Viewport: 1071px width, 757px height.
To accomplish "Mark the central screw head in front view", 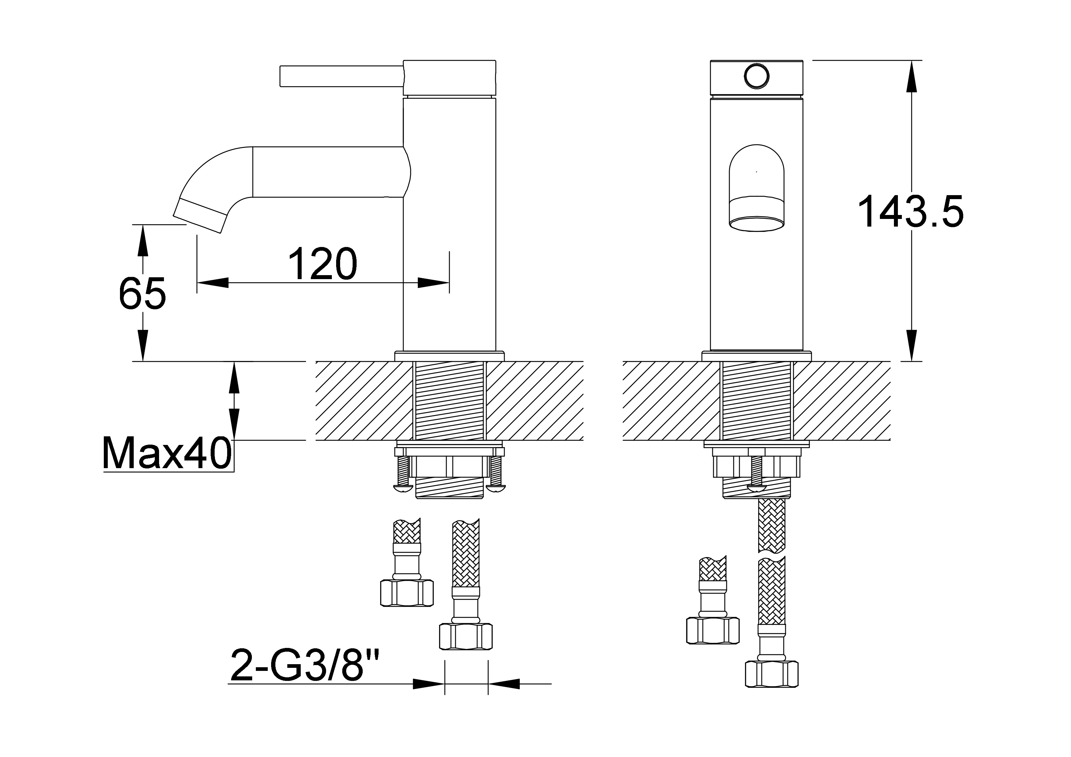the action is pos(756,488).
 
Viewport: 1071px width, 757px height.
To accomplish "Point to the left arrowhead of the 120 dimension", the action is pos(213,283).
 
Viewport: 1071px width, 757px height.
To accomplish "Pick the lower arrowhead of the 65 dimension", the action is pos(142,345).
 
